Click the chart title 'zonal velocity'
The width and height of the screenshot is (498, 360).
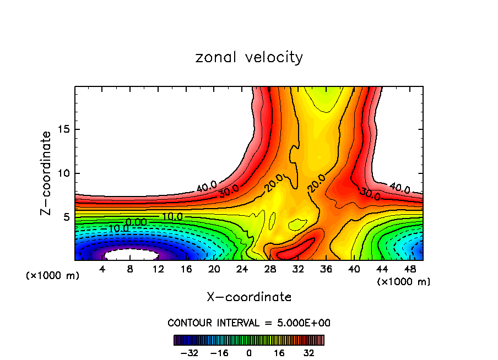point(249,57)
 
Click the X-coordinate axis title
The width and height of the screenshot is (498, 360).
point(249,297)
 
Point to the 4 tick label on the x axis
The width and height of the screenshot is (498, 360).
point(102,270)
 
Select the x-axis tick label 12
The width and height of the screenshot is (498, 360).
point(159,270)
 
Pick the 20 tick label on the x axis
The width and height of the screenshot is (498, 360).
point(214,270)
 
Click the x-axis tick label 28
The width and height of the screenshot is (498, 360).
point(270,270)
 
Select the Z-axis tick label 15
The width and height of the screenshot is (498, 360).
point(62,129)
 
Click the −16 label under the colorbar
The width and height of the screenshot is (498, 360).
point(219,353)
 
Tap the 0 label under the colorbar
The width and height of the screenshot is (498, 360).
point(249,353)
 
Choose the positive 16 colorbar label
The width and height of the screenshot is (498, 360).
point(279,353)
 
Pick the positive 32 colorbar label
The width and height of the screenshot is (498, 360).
point(309,353)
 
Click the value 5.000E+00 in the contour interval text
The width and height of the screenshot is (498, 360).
point(305,323)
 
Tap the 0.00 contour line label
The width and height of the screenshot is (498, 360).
point(136,222)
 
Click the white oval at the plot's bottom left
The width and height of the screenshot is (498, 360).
point(131,254)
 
